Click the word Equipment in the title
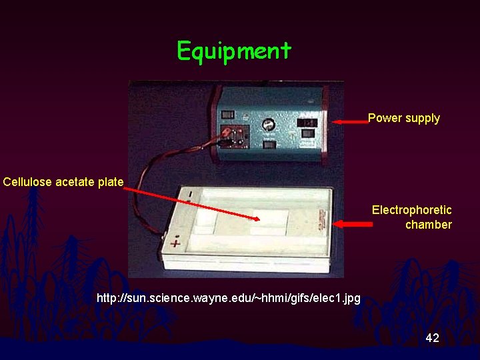tap(234, 51)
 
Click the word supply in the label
tap(422, 118)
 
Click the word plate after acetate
tap(111, 181)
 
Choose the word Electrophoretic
tap(411, 210)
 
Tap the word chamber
tap(428, 225)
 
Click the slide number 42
tap(432, 338)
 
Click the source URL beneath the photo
tap(228, 298)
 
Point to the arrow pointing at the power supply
tap(350, 122)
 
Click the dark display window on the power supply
tap(307, 123)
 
